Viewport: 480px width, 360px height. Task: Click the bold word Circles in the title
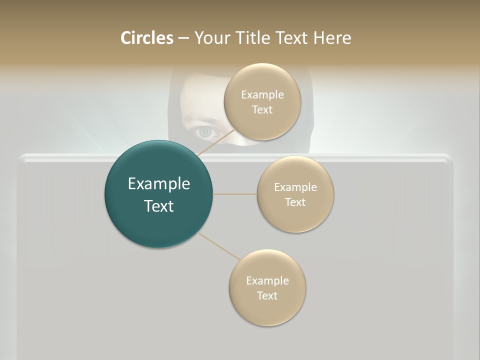146,38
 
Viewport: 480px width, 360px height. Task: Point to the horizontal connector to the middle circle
235,194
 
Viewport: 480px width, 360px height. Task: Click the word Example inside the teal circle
159,184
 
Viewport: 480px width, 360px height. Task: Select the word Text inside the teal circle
159,206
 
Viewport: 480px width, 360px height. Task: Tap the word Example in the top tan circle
262,94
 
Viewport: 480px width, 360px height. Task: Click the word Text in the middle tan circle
295,202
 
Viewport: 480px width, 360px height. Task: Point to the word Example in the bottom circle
267,280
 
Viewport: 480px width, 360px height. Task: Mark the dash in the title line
183,38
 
